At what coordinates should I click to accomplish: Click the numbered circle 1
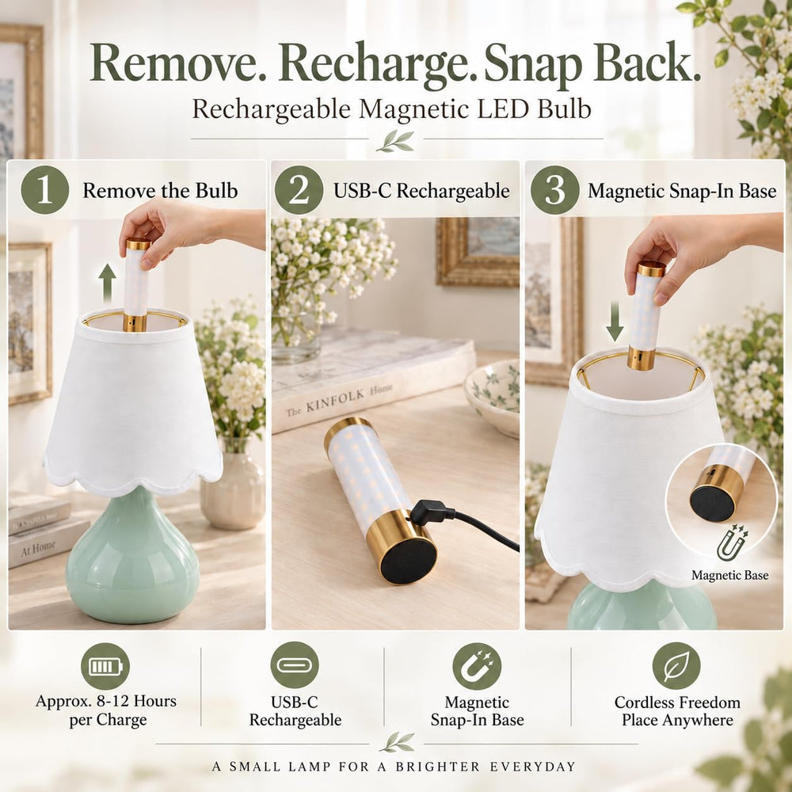pos(45,190)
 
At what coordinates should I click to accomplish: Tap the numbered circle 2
pos(299,190)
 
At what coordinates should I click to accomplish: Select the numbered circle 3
pos(554,190)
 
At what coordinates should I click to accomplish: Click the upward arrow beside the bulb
pos(107,284)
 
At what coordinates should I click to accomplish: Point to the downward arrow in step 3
pos(615,322)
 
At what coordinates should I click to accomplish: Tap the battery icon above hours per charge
pos(105,666)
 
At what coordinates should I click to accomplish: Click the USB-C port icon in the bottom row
pos(295,664)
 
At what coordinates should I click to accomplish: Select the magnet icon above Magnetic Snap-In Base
pos(477,666)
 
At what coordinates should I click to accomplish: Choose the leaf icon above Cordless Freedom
pos(676,666)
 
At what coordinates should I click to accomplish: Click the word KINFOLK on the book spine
pos(335,401)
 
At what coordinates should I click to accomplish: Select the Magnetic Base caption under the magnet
pos(730,575)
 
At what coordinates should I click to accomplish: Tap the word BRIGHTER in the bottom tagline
pos(438,767)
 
